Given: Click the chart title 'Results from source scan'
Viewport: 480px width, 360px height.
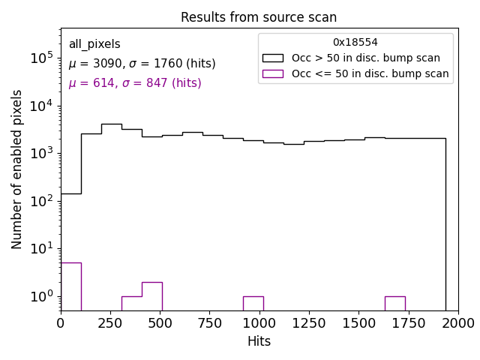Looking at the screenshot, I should (259, 17).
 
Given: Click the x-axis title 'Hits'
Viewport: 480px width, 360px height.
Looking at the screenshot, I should (259, 341).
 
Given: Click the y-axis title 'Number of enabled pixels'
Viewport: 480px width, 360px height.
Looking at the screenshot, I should (17, 169).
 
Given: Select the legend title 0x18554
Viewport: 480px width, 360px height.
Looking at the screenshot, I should (355, 43).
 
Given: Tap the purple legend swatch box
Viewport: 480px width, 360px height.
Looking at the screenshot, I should (274, 73).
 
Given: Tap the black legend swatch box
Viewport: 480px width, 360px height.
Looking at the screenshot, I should (274, 58).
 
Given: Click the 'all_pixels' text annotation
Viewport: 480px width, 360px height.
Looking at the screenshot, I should (94, 44).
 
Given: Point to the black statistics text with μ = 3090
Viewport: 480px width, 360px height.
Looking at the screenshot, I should (142, 64).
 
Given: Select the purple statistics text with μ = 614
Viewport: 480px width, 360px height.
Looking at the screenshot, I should (135, 83).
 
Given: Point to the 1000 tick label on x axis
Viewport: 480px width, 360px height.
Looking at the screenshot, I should (259, 322).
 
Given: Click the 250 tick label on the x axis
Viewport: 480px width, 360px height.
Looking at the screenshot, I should (110, 322).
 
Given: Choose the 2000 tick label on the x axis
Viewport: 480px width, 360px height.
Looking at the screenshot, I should (457, 322).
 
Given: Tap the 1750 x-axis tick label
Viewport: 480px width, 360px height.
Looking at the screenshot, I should (408, 322).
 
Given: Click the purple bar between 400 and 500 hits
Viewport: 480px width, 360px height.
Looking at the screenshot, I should (151, 295).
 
